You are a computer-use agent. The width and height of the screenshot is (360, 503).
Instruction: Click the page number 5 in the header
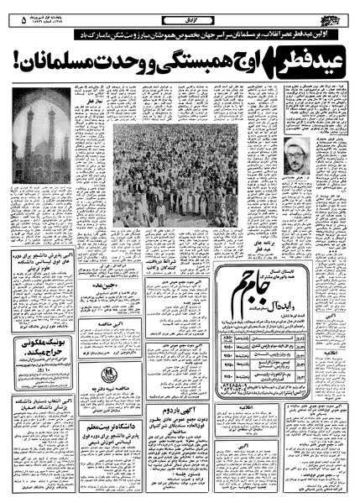[x=18, y=16]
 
